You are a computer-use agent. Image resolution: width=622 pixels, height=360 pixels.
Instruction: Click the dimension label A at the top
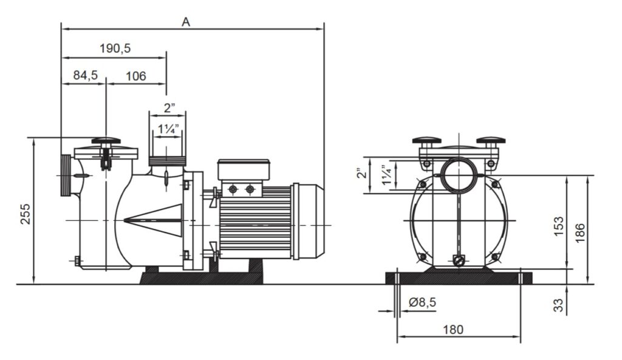point(186,22)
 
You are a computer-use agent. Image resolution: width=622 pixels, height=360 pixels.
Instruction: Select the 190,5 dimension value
point(115,49)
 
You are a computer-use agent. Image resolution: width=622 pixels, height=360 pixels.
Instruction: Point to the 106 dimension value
point(136,76)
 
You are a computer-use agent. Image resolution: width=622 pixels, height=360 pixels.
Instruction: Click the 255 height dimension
point(26,214)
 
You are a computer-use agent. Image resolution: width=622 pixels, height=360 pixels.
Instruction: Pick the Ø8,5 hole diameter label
point(422,302)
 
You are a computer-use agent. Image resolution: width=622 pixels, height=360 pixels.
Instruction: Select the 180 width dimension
point(453,330)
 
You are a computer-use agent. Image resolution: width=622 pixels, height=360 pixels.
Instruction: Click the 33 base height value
point(558,305)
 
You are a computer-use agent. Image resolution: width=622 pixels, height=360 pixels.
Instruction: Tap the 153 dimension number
point(559,226)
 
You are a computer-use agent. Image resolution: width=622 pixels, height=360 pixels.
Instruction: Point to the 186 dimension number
point(580,233)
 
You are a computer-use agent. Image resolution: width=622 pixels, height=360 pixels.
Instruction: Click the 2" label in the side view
point(169,107)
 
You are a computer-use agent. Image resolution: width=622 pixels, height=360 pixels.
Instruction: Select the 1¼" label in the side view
point(169,129)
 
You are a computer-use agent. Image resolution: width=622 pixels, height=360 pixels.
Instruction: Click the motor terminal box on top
point(244,169)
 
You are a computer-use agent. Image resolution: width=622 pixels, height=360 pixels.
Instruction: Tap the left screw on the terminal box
point(233,189)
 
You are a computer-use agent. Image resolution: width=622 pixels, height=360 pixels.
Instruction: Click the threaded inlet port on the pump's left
point(66,175)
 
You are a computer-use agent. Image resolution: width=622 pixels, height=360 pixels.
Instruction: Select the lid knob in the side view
point(106,141)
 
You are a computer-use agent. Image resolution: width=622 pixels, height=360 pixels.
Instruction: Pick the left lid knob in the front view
point(427,140)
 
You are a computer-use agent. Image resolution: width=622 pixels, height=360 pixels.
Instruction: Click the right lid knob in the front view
point(491,140)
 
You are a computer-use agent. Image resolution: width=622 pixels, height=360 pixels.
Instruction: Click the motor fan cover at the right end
point(308,222)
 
